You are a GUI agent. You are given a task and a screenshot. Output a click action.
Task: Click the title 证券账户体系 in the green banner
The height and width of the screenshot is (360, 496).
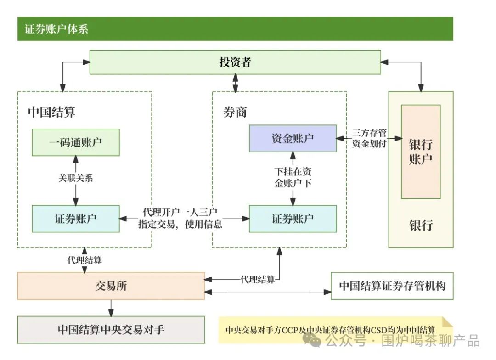[x=56, y=29]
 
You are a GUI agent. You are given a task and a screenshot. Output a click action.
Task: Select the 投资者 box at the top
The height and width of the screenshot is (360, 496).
[x=235, y=62]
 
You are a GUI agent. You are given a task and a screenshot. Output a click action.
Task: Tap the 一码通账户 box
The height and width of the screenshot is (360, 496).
[x=76, y=142]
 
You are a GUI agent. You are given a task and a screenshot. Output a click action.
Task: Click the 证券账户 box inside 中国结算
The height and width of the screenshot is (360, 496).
[x=76, y=219]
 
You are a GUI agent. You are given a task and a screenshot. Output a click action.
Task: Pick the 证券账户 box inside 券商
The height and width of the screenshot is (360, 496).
[x=293, y=219]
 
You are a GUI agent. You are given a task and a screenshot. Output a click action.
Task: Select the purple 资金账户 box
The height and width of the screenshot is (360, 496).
[x=293, y=138]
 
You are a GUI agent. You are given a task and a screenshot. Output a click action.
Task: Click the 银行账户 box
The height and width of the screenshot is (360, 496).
[x=421, y=152]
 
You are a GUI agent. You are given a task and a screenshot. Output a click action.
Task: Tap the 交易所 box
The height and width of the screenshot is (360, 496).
[x=111, y=286]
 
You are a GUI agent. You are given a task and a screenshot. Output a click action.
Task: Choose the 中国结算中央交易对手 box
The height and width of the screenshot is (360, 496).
[x=111, y=329]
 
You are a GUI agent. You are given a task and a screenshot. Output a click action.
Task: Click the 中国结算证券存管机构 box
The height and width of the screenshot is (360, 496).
[x=392, y=286]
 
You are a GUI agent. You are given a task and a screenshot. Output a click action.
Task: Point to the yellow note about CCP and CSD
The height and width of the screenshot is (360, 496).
[x=331, y=330]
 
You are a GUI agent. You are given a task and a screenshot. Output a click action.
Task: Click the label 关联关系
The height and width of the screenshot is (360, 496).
[x=76, y=178]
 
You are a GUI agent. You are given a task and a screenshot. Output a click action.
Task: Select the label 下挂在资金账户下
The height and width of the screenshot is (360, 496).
[x=293, y=177]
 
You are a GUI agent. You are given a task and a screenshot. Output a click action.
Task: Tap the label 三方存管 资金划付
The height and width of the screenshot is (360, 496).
[x=369, y=138]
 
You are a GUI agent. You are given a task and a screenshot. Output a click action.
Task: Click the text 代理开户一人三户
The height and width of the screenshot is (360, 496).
[x=180, y=213]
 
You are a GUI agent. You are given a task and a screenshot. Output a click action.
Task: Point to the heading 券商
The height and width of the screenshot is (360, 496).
[x=235, y=112]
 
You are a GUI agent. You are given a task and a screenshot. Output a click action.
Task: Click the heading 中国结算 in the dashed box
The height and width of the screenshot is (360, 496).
[x=51, y=112]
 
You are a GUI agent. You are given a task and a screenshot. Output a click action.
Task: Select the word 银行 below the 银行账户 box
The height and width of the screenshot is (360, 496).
[x=421, y=225]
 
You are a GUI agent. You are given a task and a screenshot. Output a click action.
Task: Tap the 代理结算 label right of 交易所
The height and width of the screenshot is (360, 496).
[x=258, y=279]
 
